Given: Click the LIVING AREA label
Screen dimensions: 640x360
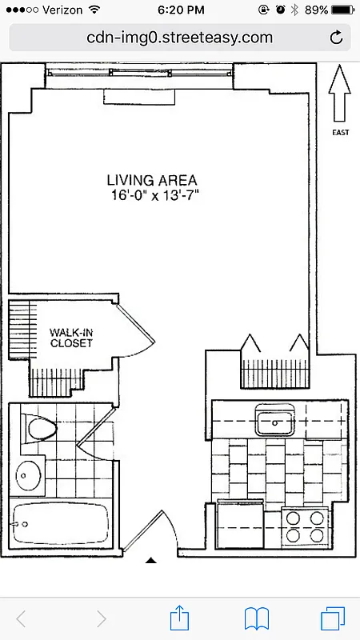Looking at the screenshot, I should coord(152,180).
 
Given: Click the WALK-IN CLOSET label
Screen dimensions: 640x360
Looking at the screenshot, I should coord(71,338).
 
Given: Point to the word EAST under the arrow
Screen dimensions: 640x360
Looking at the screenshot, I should coord(340,133).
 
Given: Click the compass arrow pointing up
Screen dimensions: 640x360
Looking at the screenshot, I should coord(340,92).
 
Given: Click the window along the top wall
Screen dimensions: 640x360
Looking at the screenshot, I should coord(141,74).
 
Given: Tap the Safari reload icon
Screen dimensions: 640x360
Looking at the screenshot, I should coord(336,37).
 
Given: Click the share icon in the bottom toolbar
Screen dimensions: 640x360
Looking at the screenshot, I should coord(179,618).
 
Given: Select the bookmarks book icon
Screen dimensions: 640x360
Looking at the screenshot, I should coord(256,618).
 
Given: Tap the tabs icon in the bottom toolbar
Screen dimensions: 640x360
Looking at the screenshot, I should coord(330,618).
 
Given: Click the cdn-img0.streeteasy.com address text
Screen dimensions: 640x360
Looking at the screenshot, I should coord(179,37).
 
